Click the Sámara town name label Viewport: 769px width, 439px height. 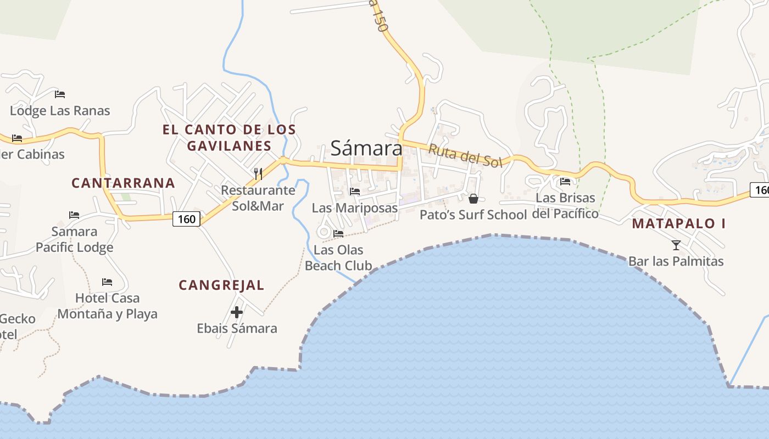click(x=366, y=148)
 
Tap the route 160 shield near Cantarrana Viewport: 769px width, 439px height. click(x=187, y=219)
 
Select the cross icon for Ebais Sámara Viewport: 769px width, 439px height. click(x=237, y=312)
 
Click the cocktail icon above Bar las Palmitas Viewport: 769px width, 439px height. click(x=676, y=245)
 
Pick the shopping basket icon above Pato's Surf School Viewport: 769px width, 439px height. click(x=473, y=198)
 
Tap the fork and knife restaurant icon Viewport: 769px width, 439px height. click(x=258, y=174)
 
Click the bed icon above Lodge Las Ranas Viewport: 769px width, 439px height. click(x=60, y=94)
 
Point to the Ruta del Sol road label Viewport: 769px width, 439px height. click(x=465, y=155)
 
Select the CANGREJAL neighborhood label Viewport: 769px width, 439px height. click(x=221, y=285)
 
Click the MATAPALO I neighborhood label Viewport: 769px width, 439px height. click(x=679, y=223)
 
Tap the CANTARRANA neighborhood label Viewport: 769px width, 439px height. click(x=124, y=183)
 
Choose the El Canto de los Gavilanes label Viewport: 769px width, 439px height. click(x=229, y=138)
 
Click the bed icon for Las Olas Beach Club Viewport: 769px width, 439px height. click(x=338, y=234)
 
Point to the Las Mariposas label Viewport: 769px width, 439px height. click(x=355, y=208)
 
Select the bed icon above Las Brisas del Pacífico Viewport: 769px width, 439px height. click(x=565, y=182)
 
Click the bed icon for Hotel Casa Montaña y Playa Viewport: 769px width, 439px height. click(x=107, y=282)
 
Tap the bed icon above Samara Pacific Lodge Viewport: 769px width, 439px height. click(x=74, y=215)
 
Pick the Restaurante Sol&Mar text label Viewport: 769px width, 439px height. click(x=258, y=198)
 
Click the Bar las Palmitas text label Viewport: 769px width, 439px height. click(x=676, y=261)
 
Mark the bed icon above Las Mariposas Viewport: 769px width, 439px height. click(x=355, y=192)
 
